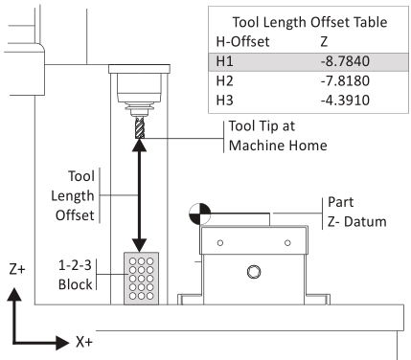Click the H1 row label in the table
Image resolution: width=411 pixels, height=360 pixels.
[x=224, y=61]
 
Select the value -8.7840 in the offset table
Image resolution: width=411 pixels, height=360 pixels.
[x=345, y=61]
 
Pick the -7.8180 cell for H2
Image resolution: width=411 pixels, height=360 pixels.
[x=345, y=80]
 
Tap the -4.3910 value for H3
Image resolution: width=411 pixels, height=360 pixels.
[x=345, y=101]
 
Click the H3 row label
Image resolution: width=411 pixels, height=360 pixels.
[x=224, y=101]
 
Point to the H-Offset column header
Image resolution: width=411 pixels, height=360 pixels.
[x=242, y=41]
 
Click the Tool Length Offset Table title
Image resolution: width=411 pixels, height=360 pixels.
[x=309, y=22]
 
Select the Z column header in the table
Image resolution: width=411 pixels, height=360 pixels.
[x=324, y=41]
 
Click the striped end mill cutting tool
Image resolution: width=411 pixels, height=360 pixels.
[x=140, y=127]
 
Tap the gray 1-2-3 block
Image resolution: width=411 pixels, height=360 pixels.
[x=141, y=279]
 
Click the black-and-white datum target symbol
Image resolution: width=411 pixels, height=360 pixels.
[x=200, y=214]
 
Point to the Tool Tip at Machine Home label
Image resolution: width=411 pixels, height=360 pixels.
[x=278, y=136]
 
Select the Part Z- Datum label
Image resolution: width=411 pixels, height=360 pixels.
[x=357, y=212]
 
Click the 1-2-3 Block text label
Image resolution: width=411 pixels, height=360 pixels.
[x=75, y=275]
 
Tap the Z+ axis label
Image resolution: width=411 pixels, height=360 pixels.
[x=17, y=269]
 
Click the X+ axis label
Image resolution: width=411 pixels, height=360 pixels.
[x=84, y=342]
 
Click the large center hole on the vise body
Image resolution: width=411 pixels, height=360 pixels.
[x=254, y=272]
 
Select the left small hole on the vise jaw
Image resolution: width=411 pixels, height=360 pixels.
[x=220, y=243]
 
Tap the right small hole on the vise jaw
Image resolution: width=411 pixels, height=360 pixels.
[x=287, y=243]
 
